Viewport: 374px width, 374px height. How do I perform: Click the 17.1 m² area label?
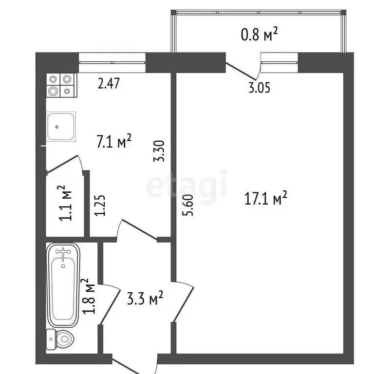coord(266,199)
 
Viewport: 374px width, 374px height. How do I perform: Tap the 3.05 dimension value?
coord(259,88)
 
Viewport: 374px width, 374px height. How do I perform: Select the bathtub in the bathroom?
coord(63,286)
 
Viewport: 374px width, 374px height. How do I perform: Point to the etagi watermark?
coord(187,185)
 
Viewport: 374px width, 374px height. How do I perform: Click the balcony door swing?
coord(241,71)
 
